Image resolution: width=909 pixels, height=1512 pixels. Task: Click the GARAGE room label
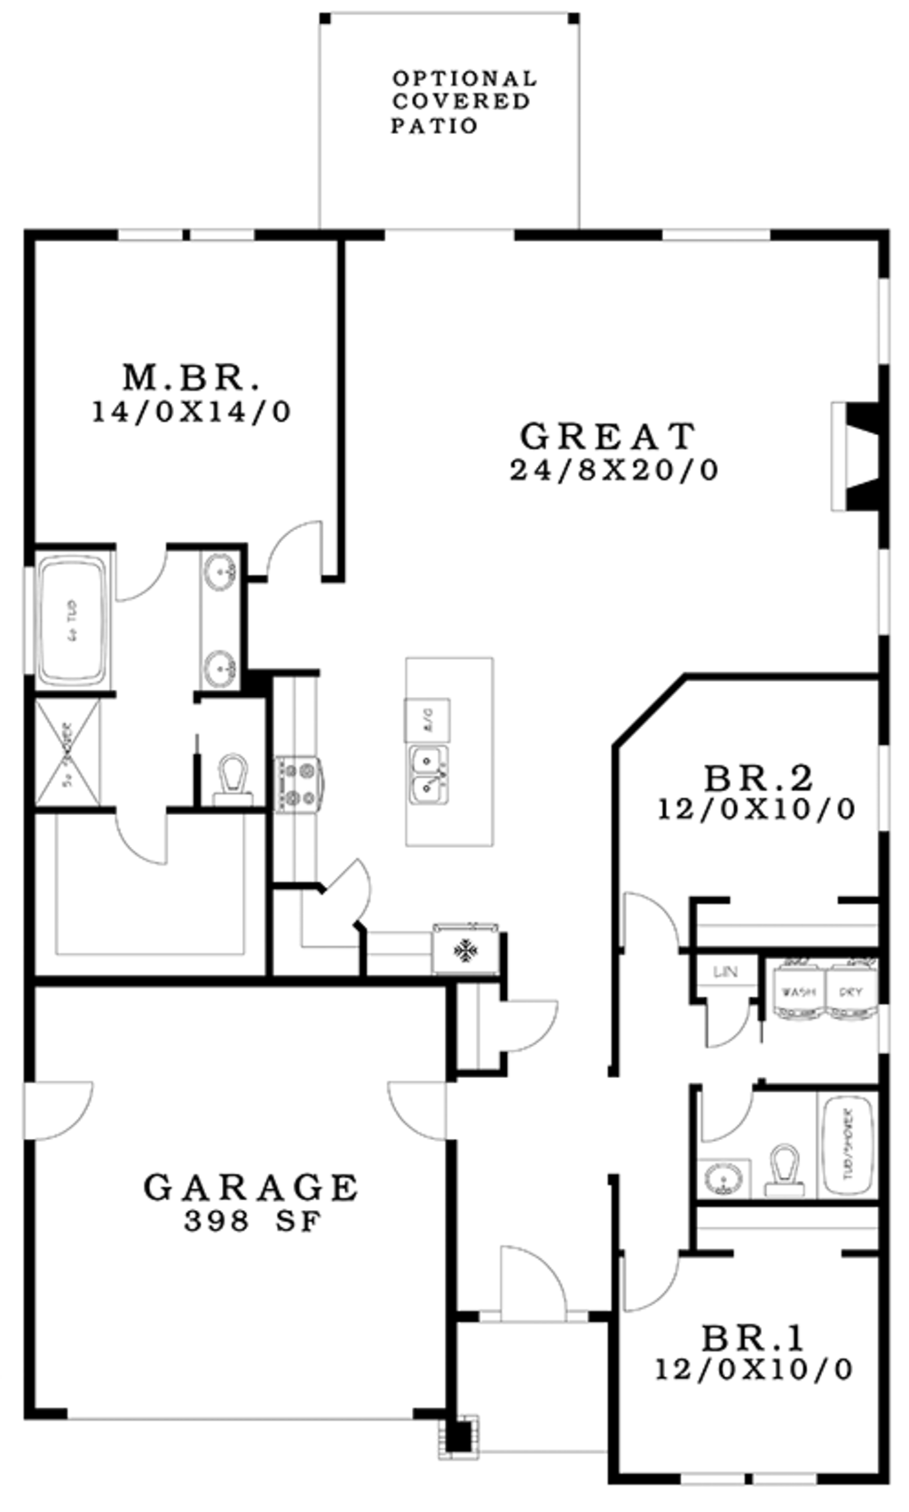pos(251,1187)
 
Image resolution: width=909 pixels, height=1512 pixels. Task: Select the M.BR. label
pos(192,378)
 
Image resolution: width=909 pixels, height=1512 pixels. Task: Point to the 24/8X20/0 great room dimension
pos(614,470)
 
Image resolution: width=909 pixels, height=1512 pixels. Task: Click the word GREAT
pos(608,436)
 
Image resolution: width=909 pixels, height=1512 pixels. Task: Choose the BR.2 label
pos(758,779)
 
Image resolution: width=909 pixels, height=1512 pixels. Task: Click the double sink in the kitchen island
pos(428,772)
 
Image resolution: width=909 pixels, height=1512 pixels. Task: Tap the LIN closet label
pos(725,972)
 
